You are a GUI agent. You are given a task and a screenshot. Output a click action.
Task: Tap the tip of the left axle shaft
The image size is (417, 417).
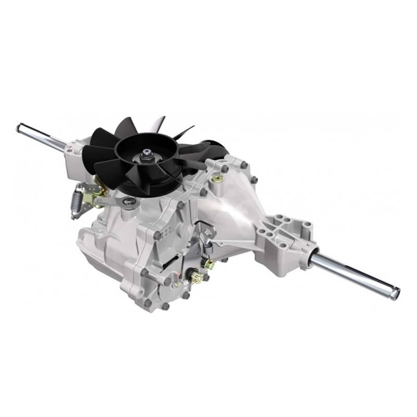click(x=19, y=127)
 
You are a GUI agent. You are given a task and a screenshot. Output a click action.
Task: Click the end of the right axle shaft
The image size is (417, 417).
click(x=397, y=293)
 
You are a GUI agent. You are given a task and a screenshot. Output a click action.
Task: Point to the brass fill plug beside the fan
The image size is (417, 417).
click(x=217, y=178)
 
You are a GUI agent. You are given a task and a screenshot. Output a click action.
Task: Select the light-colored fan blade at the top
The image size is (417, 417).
click(x=156, y=124)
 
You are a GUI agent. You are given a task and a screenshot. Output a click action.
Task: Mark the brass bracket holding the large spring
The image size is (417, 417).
click(x=97, y=185)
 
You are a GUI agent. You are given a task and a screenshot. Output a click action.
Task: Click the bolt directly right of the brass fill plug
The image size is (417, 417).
click(x=225, y=169)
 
